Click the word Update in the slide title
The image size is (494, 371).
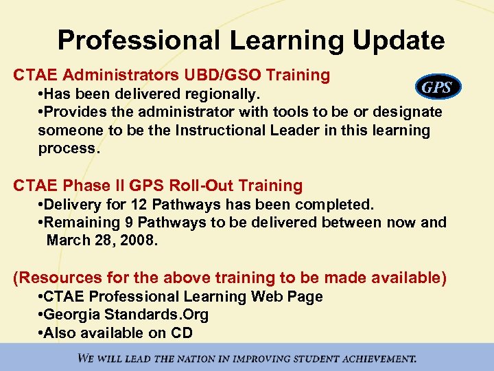pyautogui.click(x=399, y=41)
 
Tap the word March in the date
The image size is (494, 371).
pyautogui.click(x=67, y=241)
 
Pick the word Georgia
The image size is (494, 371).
pyautogui.click(x=72, y=315)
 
